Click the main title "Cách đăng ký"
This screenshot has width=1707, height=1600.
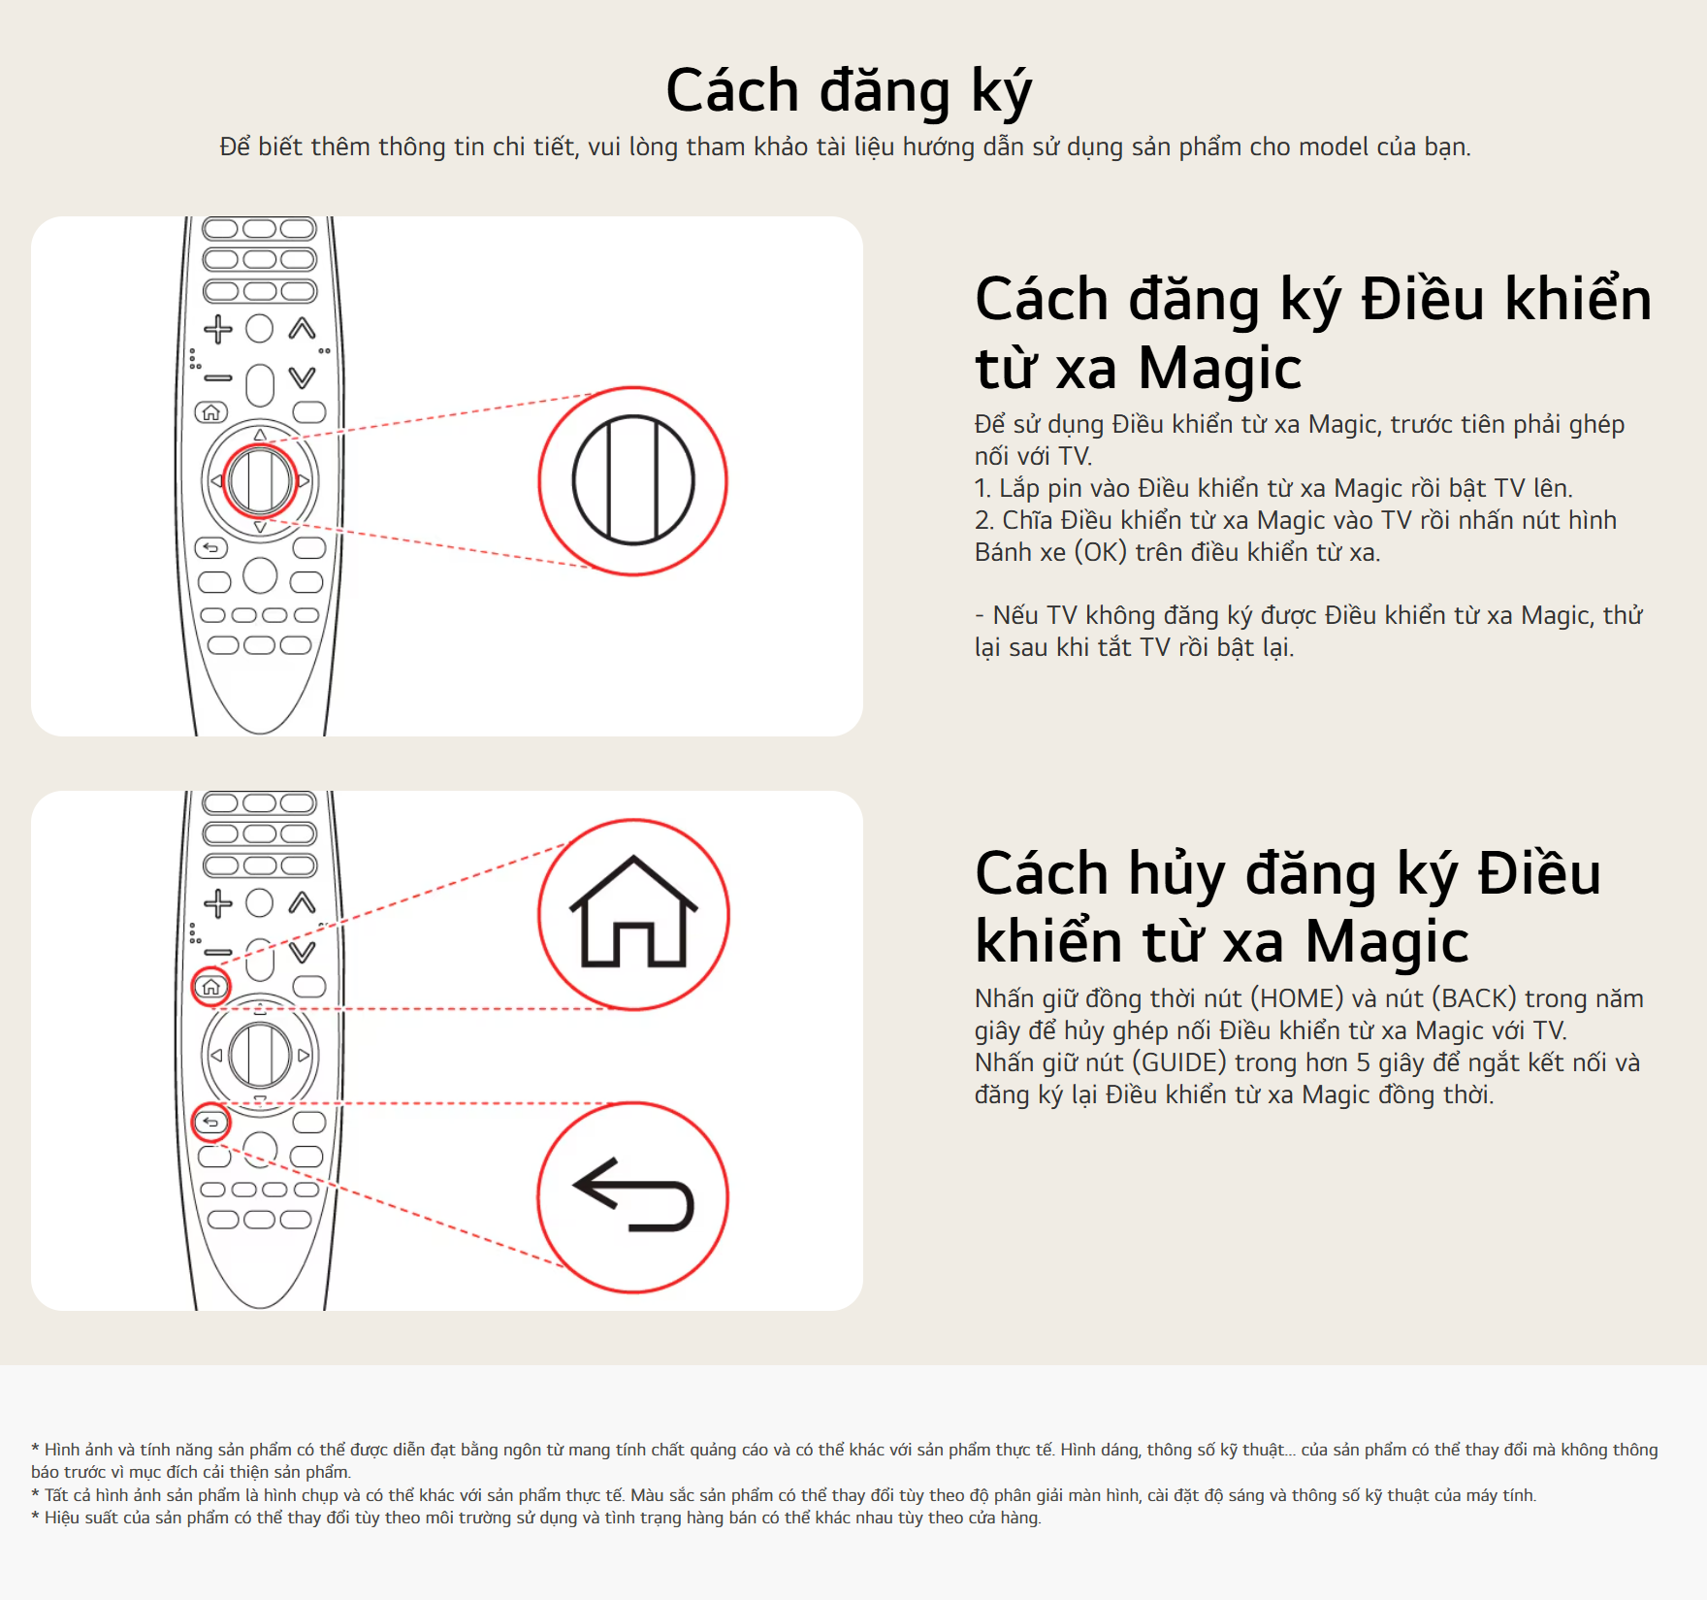[849, 91]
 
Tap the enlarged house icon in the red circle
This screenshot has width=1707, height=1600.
[633, 912]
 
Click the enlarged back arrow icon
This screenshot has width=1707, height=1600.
[633, 1194]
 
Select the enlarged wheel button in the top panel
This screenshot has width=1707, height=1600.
[633, 480]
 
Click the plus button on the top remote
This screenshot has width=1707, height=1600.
[218, 329]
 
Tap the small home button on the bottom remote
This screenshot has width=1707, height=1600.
[211, 987]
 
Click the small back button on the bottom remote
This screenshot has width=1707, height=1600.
[211, 1123]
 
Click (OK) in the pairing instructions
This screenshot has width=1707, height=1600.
[1101, 552]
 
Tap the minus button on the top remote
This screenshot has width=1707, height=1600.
[218, 377]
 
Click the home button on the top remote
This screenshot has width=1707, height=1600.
[211, 412]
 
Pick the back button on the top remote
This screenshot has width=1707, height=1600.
[211, 548]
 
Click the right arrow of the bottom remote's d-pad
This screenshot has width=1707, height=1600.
[304, 1055]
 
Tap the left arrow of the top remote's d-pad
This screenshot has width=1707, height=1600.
[216, 480]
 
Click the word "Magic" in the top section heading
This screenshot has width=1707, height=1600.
[1219, 369]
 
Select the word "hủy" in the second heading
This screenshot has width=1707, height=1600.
[1177, 873]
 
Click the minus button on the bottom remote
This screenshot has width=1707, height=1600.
[218, 952]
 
